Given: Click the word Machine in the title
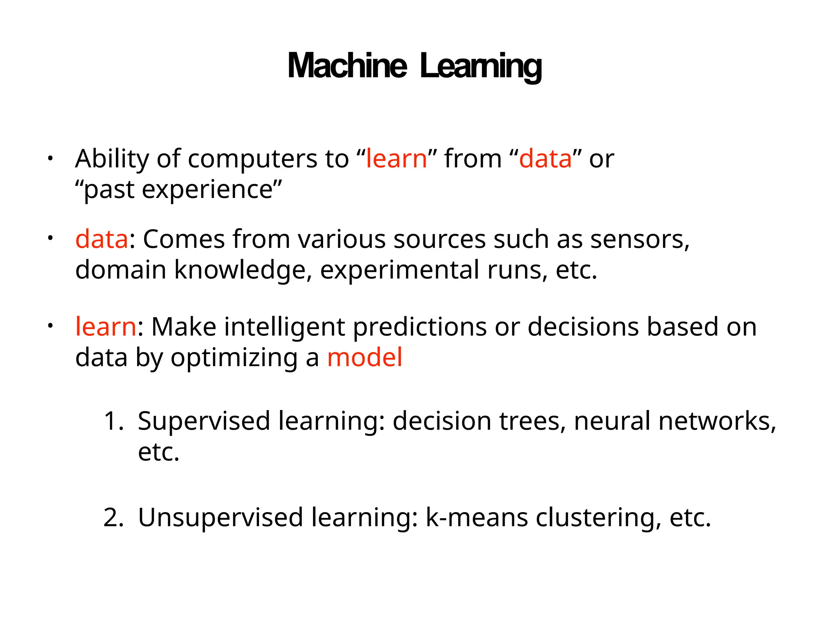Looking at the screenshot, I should [x=347, y=66].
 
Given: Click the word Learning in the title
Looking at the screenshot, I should [x=480, y=67].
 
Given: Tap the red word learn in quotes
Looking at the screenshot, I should [x=396, y=159].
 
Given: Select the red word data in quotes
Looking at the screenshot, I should [x=545, y=159].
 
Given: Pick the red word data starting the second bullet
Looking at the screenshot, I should [x=102, y=239].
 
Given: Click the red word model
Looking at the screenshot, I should [x=365, y=357].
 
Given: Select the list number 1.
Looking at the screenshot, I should [x=113, y=421].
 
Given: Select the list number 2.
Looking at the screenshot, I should [x=113, y=517].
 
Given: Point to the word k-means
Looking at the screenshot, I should [x=476, y=517].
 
